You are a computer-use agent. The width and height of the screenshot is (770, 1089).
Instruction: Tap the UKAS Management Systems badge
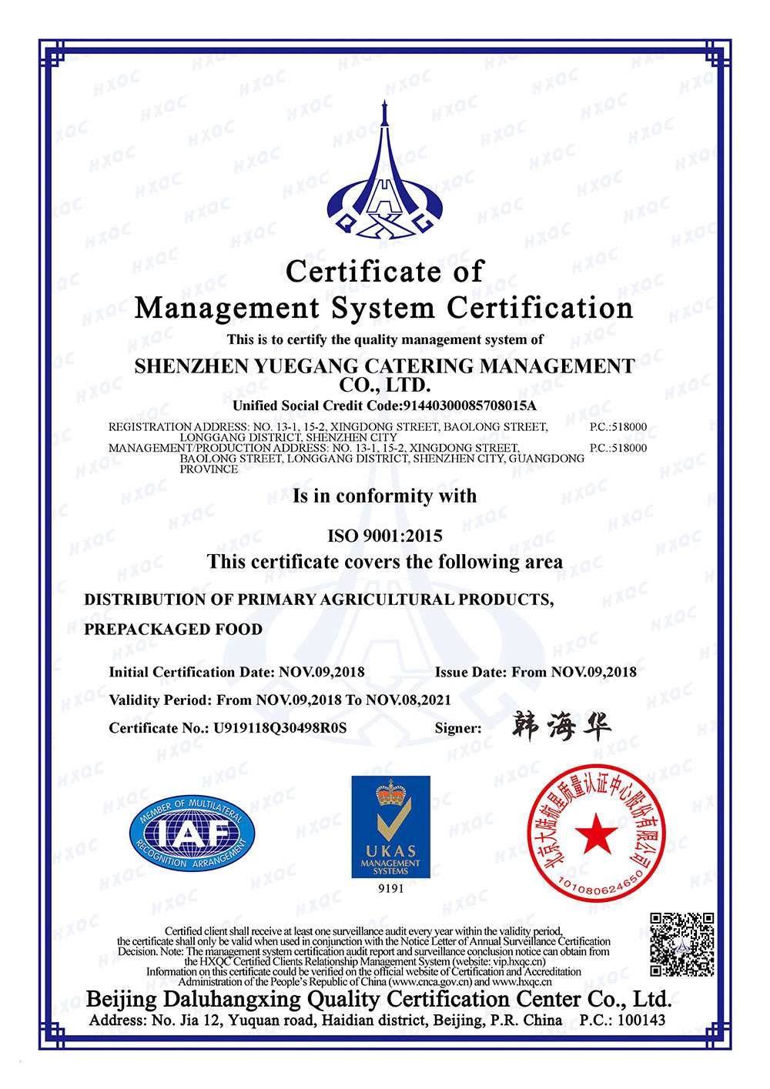tap(390, 827)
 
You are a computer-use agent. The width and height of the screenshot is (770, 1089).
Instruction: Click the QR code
tap(681, 944)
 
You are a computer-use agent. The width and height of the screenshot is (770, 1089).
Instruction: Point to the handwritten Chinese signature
tap(561, 726)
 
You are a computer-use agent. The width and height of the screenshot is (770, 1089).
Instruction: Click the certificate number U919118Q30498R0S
tap(280, 728)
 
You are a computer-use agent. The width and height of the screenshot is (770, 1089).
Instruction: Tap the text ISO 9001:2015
tap(385, 536)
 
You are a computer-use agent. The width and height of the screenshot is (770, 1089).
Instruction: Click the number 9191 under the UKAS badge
tap(390, 888)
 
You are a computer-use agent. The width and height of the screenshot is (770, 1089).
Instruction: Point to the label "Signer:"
tap(458, 728)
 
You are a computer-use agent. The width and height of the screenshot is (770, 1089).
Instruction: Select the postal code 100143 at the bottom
tap(641, 1021)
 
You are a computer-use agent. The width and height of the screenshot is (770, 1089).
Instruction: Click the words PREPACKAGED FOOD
tap(173, 630)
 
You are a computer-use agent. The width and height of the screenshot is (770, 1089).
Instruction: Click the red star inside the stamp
tap(596, 834)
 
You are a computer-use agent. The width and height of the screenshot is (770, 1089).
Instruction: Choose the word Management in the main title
tap(226, 309)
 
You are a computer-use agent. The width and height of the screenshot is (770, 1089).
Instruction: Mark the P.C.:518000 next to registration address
tap(618, 426)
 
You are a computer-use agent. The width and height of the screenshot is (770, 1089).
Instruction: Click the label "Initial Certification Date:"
tap(191, 672)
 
